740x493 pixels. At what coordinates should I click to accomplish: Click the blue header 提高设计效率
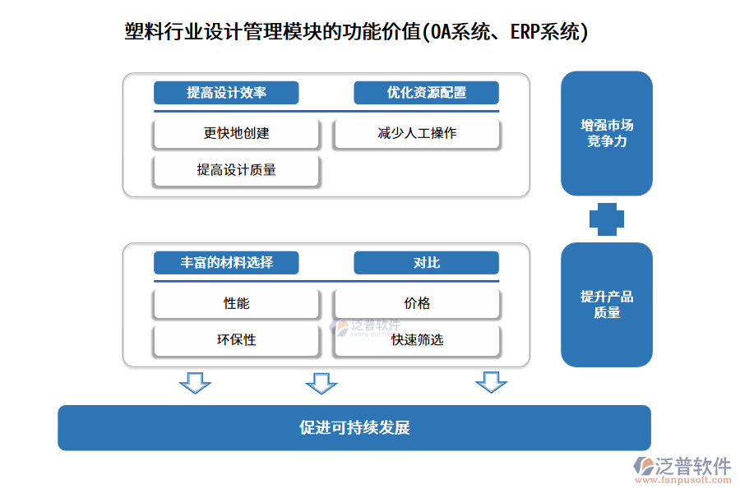226,93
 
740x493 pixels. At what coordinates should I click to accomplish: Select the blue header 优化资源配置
426,93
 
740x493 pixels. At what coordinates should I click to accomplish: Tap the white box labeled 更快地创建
236,133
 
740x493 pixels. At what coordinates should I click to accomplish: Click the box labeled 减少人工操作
417,133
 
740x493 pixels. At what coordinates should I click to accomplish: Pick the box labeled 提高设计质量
236,170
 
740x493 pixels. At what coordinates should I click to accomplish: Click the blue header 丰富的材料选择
226,263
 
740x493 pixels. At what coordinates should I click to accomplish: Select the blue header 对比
426,263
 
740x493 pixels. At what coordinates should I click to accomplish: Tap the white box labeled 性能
236,303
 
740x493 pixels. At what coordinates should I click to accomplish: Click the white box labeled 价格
417,303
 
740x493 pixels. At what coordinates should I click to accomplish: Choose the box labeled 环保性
236,340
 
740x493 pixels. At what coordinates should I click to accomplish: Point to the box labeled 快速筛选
417,340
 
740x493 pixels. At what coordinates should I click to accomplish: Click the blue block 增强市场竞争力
607,133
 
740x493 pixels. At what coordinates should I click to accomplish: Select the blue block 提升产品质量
607,305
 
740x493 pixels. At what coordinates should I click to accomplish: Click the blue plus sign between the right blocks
607,219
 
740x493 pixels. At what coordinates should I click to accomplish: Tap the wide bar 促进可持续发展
354,427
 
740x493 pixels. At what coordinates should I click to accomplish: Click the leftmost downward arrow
195,382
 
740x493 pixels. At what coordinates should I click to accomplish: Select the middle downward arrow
321,383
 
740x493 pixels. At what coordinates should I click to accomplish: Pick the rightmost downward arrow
491,382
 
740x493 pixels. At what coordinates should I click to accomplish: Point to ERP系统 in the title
547,31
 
